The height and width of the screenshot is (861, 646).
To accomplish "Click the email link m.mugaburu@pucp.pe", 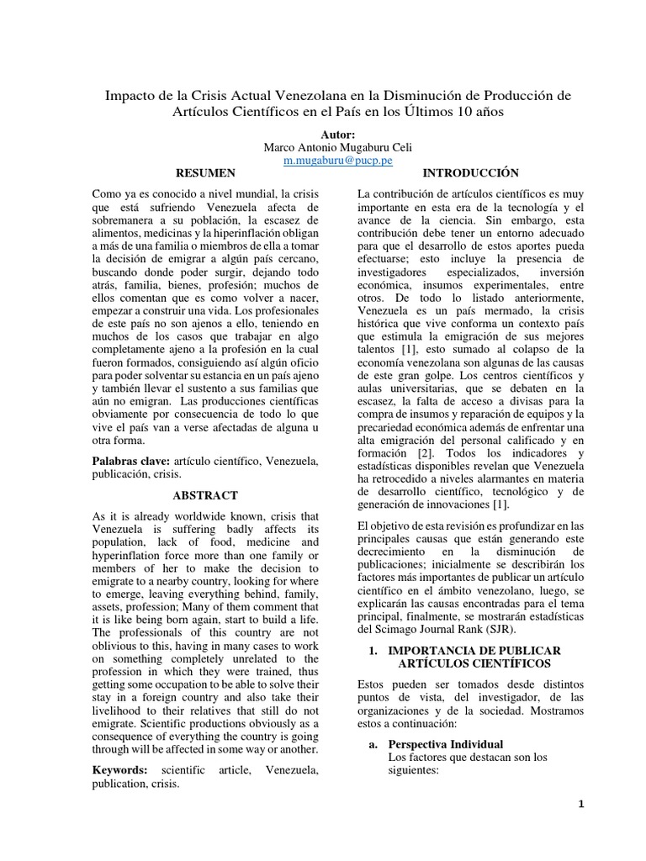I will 327,159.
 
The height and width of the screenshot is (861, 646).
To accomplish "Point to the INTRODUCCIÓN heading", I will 470,173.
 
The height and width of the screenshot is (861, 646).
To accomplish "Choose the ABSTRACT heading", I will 205,495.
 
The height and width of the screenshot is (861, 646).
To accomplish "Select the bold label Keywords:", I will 119,769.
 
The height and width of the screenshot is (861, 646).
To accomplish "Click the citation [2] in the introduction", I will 426,453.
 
